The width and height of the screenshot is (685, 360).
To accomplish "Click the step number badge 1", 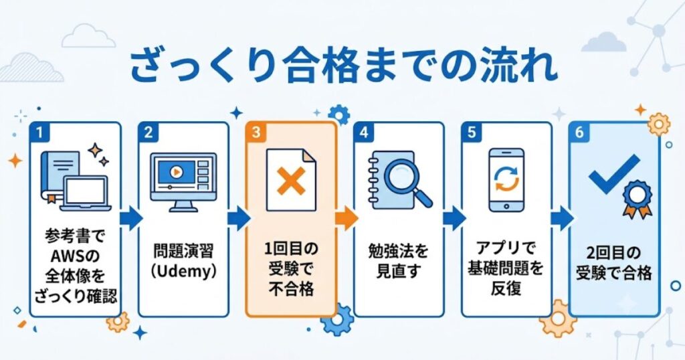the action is click(x=39, y=132).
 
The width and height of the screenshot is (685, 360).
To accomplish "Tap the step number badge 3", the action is click(x=256, y=132).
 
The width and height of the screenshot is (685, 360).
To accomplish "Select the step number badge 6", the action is click(x=579, y=132).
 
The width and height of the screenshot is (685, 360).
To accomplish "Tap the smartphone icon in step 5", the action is click(x=506, y=180).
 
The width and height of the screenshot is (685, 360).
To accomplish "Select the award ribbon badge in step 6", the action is click(x=638, y=199).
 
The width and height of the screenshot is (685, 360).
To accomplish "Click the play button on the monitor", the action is click(x=177, y=172).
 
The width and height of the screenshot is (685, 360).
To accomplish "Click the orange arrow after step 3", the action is click(x=347, y=218).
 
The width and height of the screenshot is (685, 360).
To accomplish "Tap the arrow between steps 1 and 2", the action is click(x=131, y=218).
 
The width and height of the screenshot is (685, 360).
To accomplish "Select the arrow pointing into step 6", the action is click(x=562, y=218).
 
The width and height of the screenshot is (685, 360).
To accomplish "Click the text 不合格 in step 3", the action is click(x=291, y=289).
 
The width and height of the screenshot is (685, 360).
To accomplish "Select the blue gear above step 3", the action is click(x=339, y=115).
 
